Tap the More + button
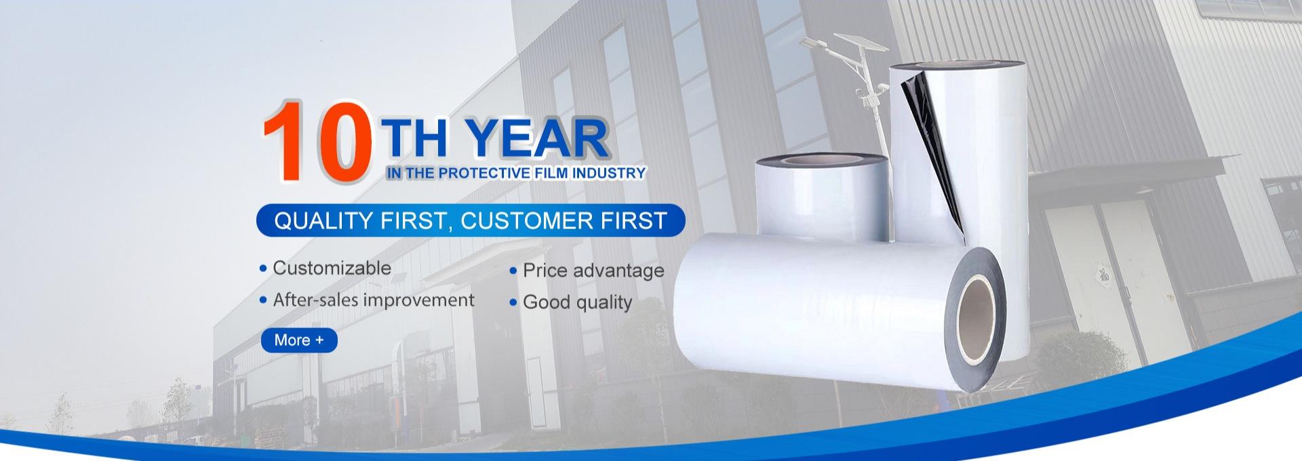click(x=299, y=340)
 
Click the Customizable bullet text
click(x=332, y=268)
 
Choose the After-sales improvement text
click(x=374, y=300)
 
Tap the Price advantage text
click(x=593, y=270)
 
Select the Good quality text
click(x=577, y=302)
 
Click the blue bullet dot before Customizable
click(x=263, y=269)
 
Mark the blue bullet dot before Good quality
click(x=513, y=302)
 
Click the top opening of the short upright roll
click(x=822, y=161)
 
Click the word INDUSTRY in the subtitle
click(x=608, y=173)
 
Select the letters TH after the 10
click(x=414, y=138)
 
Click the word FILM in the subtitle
click(x=551, y=173)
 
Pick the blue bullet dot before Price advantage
click(x=513, y=271)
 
